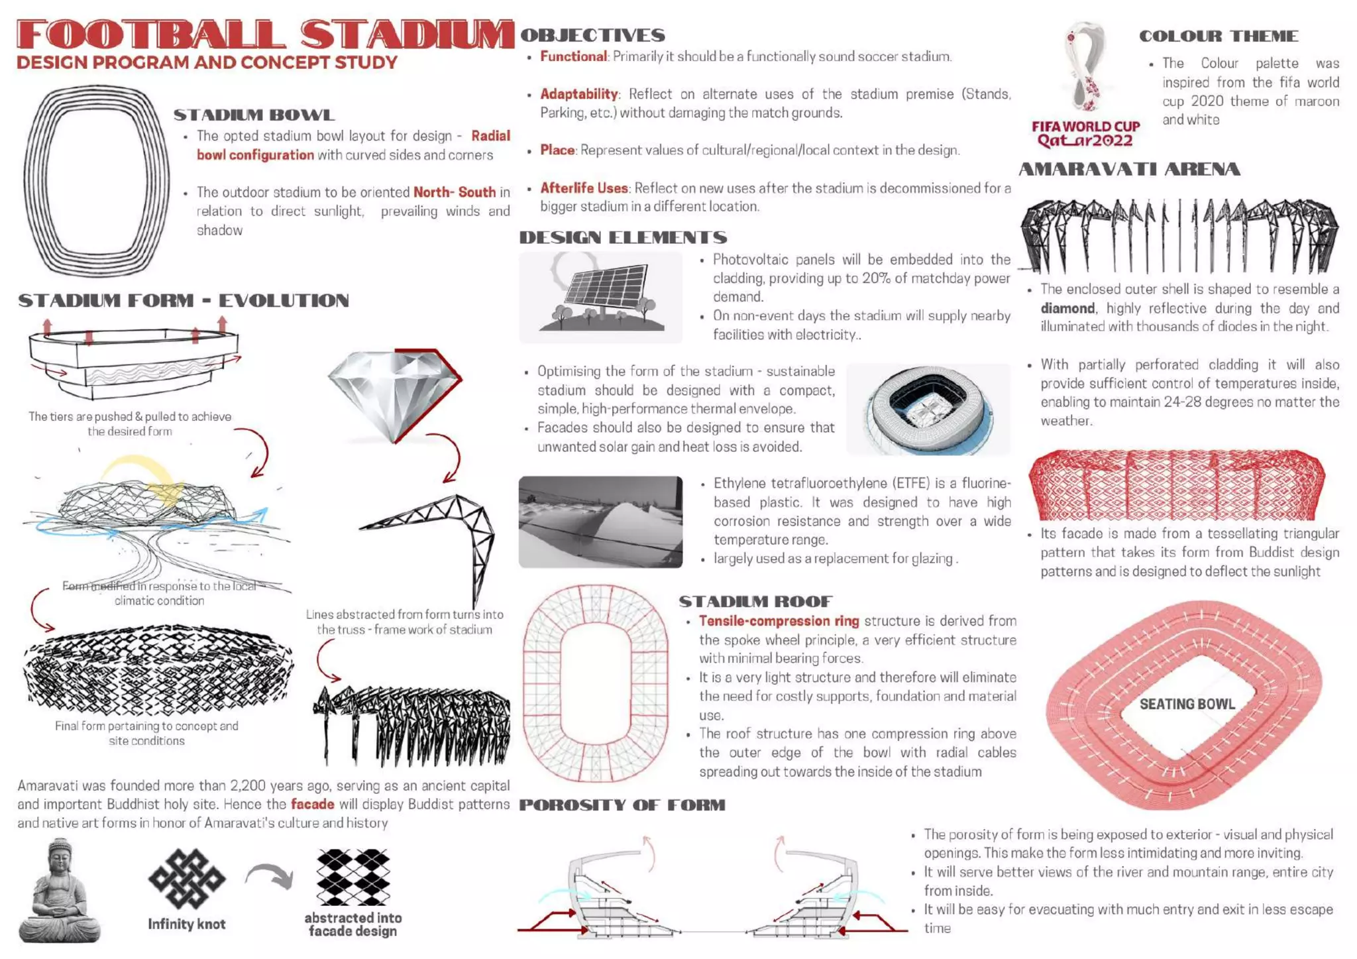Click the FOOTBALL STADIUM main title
(265, 34)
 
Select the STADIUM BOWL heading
(254, 115)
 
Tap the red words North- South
(455, 192)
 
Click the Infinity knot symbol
(187, 879)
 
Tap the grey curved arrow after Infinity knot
(270, 876)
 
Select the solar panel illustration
(602, 296)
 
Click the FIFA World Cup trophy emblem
(1087, 66)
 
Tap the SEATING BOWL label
(1187, 704)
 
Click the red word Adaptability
(578, 94)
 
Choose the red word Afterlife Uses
(584, 188)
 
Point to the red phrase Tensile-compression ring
(779, 621)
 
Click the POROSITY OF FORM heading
(622, 805)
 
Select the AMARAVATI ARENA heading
(1129, 170)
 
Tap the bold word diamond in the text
(1067, 308)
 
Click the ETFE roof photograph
(600, 522)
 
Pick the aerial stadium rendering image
(928, 409)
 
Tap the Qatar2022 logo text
(1085, 141)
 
